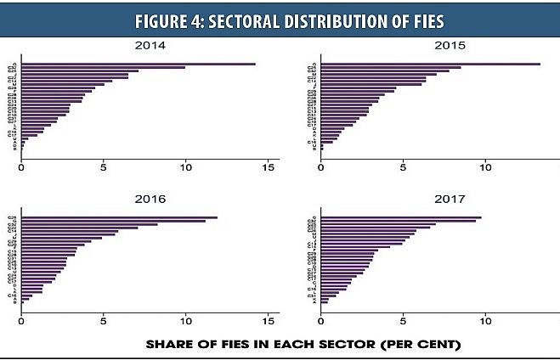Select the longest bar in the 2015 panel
point(430,64)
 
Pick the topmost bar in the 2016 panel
point(119,218)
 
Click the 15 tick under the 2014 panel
point(268,167)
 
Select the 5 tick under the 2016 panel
point(103,322)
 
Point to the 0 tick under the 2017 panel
point(321,322)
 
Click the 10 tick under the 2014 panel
point(185,167)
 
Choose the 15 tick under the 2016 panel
point(268,322)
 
